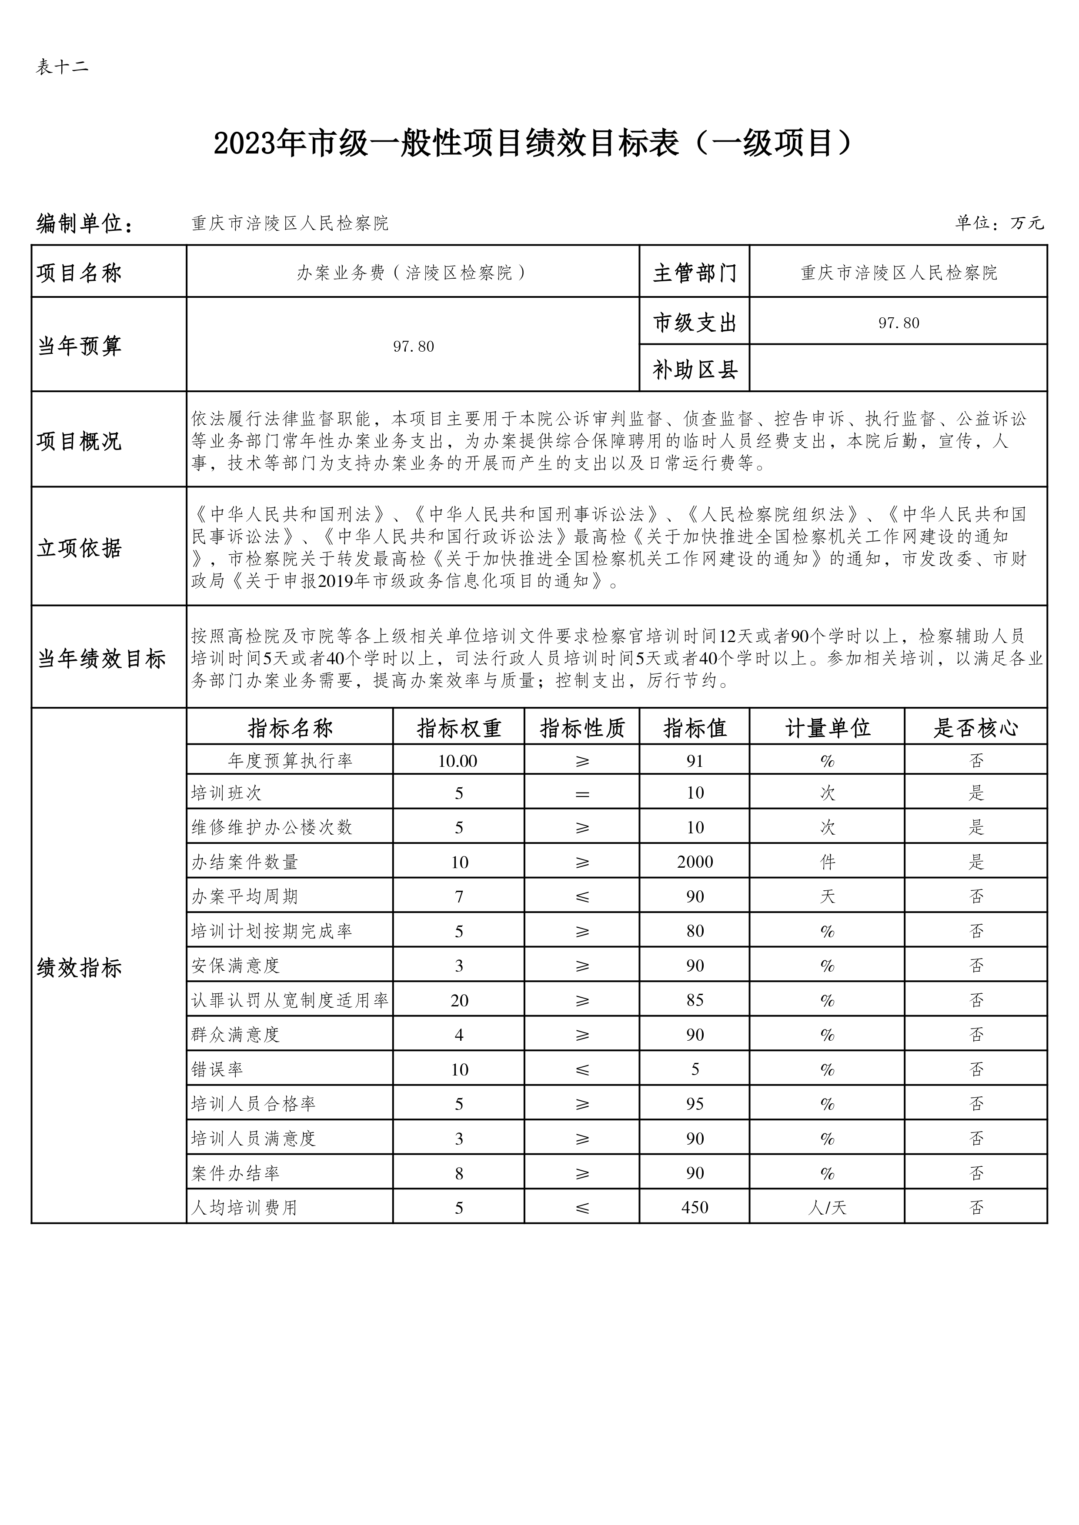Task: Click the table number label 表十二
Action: [x=62, y=67]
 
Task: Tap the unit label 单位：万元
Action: [x=999, y=223]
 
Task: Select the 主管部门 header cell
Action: [x=694, y=272]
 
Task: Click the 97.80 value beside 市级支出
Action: [x=898, y=323]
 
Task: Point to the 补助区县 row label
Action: [x=694, y=369]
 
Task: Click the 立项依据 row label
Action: [x=79, y=548]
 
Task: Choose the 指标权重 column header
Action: [x=458, y=728]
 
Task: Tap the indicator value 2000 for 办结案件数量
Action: [x=694, y=862]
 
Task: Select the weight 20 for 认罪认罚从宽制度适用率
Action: [x=458, y=1000]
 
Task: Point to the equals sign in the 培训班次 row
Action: [x=582, y=793]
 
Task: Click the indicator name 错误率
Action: [x=217, y=1069]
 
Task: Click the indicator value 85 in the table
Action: [x=694, y=1000]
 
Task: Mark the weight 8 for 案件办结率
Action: [x=458, y=1173]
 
